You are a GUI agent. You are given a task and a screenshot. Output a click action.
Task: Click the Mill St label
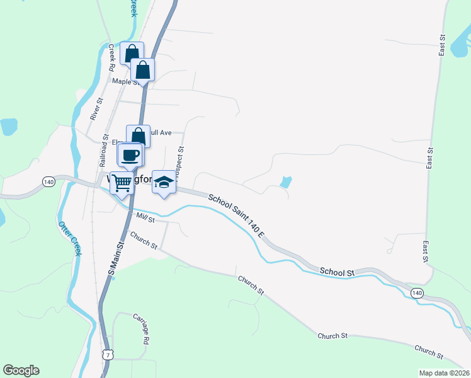(x=145, y=218)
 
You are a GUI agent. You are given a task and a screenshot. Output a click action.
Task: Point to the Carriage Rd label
(x=140, y=328)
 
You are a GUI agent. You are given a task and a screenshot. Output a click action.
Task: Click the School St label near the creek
(x=336, y=272)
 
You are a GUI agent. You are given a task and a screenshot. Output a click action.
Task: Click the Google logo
(x=21, y=370)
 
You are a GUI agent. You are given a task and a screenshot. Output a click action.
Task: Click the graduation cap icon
(x=164, y=181)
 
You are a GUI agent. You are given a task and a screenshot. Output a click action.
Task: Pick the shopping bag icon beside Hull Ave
(x=138, y=135)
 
